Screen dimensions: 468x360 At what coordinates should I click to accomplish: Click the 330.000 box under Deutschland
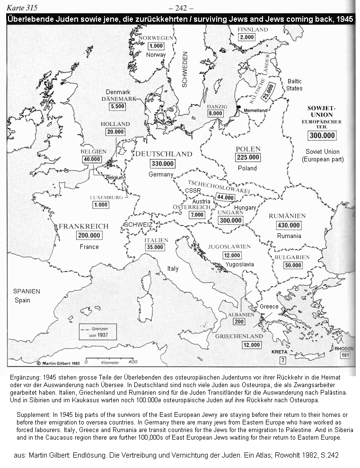point(163,164)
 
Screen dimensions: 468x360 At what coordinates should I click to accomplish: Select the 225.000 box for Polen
point(248,158)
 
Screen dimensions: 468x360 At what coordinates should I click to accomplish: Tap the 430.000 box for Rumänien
point(288,226)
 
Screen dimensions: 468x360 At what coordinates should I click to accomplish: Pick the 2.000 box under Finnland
point(246,37)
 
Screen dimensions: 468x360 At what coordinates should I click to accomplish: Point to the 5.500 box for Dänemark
point(117,107)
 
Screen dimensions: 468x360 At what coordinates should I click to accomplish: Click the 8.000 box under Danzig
point(215,114)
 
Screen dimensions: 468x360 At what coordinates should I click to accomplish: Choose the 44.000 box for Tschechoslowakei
point(225,197)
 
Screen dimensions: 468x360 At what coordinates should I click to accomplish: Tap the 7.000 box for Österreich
point(196,215)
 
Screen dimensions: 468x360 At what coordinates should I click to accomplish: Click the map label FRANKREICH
point(83,226)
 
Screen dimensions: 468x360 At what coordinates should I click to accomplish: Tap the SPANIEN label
point(26,291)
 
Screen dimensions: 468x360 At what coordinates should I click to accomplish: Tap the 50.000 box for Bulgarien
point(293,265)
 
